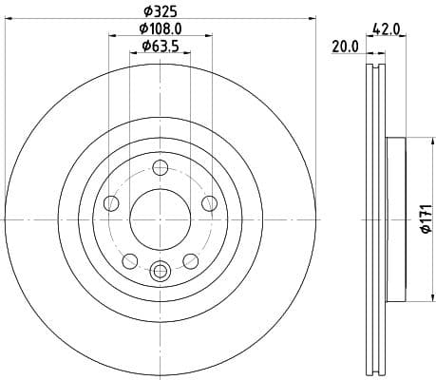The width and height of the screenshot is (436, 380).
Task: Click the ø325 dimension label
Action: [161, 12]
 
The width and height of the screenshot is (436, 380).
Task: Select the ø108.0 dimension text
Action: [161, 30]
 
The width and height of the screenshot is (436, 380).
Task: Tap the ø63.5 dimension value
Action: [160, 47]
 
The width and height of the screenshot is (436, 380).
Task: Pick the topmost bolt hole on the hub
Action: [160, 169]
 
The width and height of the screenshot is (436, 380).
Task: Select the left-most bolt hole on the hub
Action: [111, 203]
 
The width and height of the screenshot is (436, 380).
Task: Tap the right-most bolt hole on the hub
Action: [208, 202]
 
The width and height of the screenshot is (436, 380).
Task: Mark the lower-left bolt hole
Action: [130, 259]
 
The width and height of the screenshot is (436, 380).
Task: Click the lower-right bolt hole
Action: [189, 259]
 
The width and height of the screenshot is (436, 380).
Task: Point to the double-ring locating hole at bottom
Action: [160, 269]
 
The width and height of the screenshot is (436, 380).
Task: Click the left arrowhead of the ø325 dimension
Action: [8, 20]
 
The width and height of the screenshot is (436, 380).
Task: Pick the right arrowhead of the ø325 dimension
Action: [312, 20]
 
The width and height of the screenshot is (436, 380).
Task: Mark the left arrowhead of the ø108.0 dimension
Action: [111, 38]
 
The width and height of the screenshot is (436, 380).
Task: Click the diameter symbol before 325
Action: [147, 12]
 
